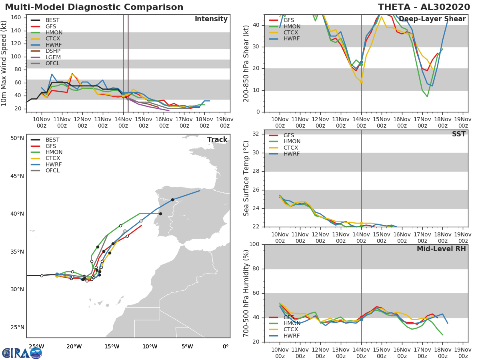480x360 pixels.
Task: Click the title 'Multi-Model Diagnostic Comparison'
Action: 94,7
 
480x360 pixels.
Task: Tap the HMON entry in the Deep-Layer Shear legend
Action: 292,26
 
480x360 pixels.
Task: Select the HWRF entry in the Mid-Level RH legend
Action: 292,336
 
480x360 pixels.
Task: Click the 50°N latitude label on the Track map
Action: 17,138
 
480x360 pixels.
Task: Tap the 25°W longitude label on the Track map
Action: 36,346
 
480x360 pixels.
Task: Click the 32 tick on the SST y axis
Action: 256,134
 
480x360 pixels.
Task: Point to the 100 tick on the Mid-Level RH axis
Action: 254,244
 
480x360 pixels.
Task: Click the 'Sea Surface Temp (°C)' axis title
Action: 247,178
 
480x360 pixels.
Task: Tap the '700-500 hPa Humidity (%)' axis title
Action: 247,293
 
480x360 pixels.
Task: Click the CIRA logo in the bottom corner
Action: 22,353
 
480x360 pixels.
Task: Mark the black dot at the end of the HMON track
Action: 160,214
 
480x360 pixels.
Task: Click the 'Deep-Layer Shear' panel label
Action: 432,19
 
